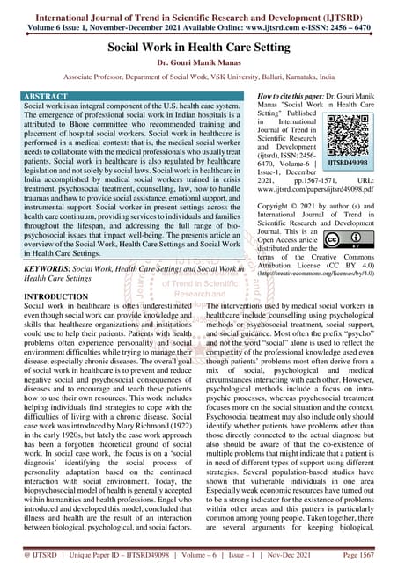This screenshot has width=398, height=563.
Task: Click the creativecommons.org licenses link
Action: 323,274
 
